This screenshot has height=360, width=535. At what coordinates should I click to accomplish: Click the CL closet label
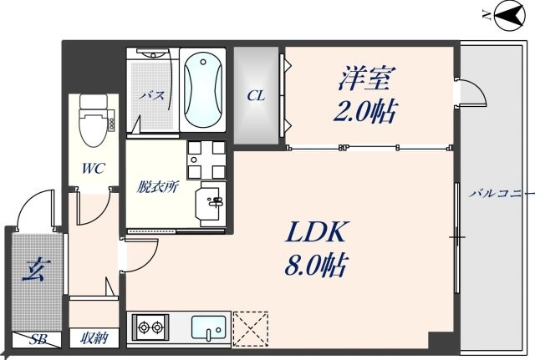tap(255, 95)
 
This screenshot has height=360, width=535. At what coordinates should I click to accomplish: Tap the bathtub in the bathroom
tap(202, 91)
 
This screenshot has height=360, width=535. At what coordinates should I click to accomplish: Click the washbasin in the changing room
tap(210, 200)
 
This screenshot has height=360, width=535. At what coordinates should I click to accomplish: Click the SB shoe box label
tap(38, 339)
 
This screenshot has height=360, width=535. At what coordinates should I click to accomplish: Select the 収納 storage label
tap(94, 338)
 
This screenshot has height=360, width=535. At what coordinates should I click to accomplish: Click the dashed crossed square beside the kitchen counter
tap(250, 327)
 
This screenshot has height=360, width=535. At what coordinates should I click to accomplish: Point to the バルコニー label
tap(500, 193)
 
